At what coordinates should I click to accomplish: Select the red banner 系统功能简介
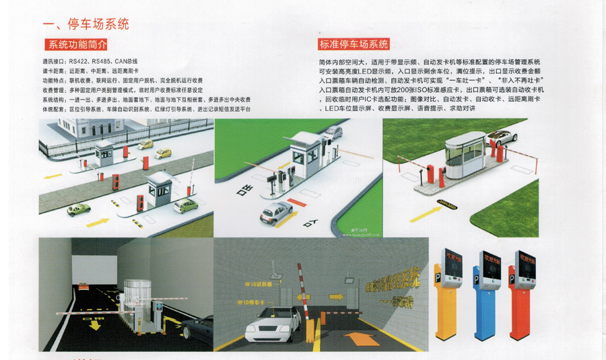tap(75, 46)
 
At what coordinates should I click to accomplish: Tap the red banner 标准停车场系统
tap(354, 45)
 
